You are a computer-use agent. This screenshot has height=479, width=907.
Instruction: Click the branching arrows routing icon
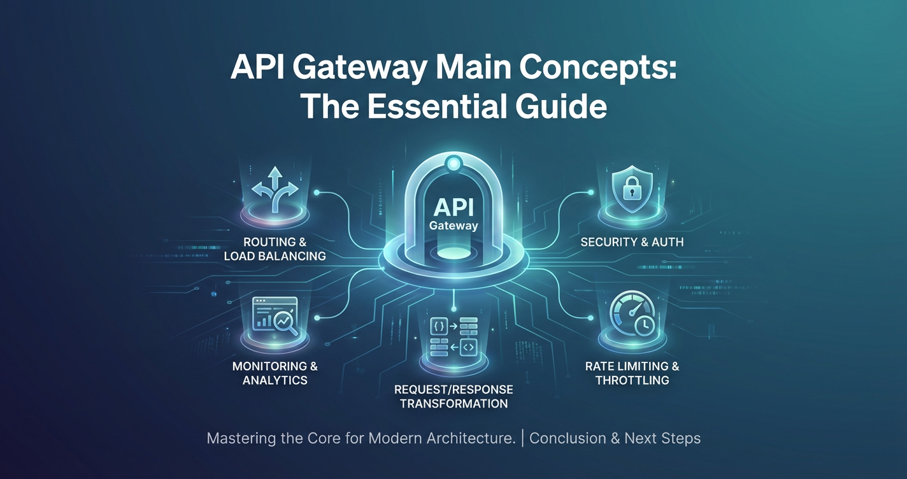click(x=275, y=189)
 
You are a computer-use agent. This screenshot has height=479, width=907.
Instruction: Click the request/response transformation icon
click(x=453, y=336)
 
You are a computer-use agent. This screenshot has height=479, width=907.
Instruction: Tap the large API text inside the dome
click(x=453, y=208)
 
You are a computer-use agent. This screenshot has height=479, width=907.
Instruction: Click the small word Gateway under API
click(x=453, y=225)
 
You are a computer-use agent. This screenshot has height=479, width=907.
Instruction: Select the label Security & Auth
click(x=632, y=242)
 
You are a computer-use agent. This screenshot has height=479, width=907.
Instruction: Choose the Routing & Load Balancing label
click(x=275, y=249)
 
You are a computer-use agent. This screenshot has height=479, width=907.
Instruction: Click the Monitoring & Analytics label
click(x=275, y=373)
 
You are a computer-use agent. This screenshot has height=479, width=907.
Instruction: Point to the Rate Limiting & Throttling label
click(x=632, y=373)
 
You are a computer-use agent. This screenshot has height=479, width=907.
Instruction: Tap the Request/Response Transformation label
click(x=453, y=396)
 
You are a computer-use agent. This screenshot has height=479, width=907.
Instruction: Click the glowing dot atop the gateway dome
click(x=453, y=164)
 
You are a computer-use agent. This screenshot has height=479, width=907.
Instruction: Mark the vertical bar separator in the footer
click(x=522, y=438)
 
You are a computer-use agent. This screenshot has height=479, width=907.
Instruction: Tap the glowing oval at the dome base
click(x=453, y=253)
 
